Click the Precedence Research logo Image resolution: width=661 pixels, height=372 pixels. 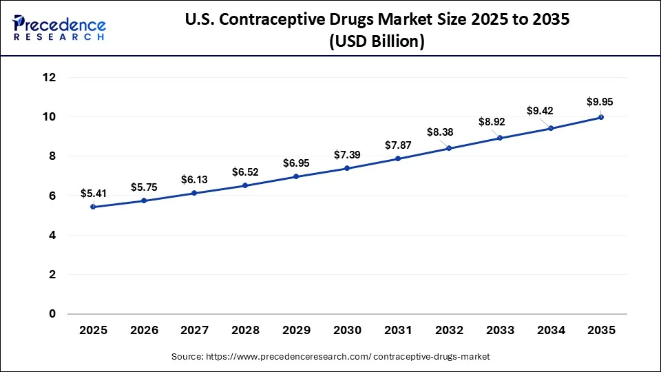(x=59, y=28)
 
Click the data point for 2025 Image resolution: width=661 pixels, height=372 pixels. (x=93, y=207)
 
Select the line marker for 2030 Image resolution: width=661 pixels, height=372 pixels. (x=347, y=168)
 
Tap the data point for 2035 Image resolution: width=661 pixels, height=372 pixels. (x=601, y=117)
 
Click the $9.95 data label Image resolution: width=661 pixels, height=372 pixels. (x=599, y=102)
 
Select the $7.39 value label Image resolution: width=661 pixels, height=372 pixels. (x=347, y=155)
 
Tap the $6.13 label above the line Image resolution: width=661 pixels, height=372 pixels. (x=194, y=179)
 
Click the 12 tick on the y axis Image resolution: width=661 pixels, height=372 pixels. (x=48, y=78)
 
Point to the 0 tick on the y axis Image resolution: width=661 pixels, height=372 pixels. (x=52, y=314)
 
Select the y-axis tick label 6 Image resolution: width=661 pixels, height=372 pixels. (x=52, y=196)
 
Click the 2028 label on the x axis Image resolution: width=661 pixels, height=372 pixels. (x=245, y=331)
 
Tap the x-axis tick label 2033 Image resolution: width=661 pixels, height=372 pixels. (x=499, y=331)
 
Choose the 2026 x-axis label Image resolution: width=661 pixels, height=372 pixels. (x=143, y=331)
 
